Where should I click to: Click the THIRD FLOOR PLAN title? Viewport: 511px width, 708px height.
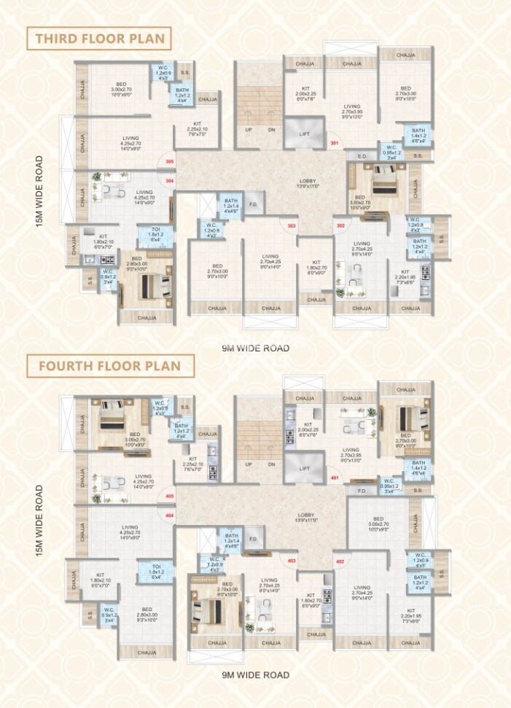pyautogui.click(x=98, y=39)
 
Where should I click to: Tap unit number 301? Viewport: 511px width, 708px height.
pyautogui.click(x=335, y=144)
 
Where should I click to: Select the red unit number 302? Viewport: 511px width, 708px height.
pyautogui.click(x=340, y=225)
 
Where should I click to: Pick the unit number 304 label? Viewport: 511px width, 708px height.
pyautogui.click(x=170, y=180)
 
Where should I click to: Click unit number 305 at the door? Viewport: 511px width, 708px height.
pyautogui.click(x=170, y=161)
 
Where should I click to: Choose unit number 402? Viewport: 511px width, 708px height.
pyautogui.click(x=340, y=561)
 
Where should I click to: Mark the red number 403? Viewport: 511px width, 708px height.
pyautogui.click(x=292, y=561)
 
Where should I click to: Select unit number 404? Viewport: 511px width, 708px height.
pyautogui.click(x=170, y=516)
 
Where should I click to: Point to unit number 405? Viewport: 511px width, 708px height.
pyautogui.click(x=170, y=497)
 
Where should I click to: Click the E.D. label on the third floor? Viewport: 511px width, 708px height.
pyautogui.click(x=362, y=156)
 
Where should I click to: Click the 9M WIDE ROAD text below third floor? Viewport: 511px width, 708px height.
pyautogui.click(x=256, y=348)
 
